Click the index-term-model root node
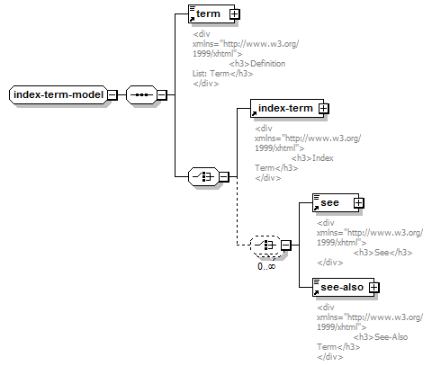pos(58,94)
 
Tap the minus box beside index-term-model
pos(112,95)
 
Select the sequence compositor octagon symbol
pos(141,95)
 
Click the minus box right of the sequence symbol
pos(161,95)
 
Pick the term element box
pos(211,13)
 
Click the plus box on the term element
pos(235,13)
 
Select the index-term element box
pos(287,108)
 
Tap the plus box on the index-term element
pos(323,108)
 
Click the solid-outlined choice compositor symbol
pos(203,177)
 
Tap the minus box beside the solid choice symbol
pos(223,177)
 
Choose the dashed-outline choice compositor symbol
pos(265,245)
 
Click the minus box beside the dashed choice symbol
pos(286,245)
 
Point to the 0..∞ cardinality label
pos(266,266)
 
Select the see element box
pos(336,202)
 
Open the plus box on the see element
pos(359,203)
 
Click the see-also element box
pos(343,288)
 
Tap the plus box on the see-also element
pos(373,288)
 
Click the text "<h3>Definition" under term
pos(257,64)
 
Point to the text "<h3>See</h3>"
pos(382,253)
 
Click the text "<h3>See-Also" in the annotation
pos(381,337)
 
